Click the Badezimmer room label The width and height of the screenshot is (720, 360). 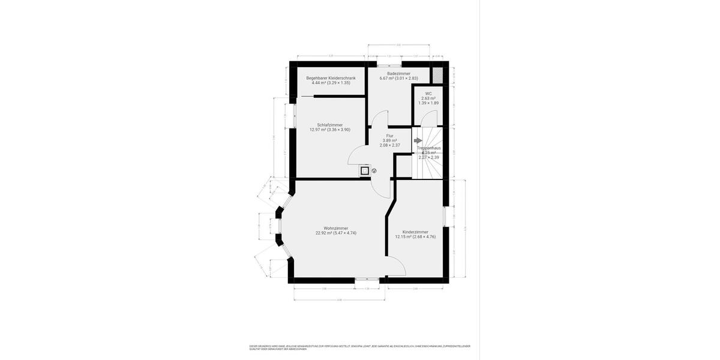(x=398, y=74)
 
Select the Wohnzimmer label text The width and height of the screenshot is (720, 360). (x=336, y=228)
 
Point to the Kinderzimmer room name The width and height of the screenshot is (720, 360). (x=415, y=232)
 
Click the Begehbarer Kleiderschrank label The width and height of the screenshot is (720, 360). (x=331, y=78)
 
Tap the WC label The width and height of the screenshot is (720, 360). (x=428, y=94)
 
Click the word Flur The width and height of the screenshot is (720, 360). (x=390, y=136)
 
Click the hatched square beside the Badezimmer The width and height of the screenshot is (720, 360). (x=437, y=76)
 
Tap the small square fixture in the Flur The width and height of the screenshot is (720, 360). (x=364, y=170)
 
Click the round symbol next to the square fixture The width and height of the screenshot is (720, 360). (x=374, y=170)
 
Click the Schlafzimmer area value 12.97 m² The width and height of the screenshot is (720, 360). (x=317, y=130)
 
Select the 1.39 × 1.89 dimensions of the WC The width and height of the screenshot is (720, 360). (x=428, y=103)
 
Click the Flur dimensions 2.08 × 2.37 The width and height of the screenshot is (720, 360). (x=390, y=145)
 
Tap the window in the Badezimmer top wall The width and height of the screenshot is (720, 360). (x=389, y=62)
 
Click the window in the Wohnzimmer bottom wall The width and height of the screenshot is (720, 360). (x=367, y=279)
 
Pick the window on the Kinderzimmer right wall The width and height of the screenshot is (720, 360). (x=445, y=217)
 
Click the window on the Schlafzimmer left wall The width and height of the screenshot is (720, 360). (x=293, y=117)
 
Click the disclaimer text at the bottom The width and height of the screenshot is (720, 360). (x=360, y=347)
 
